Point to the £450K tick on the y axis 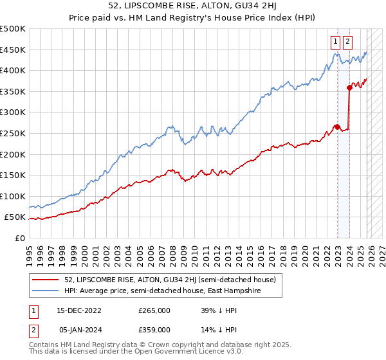click(x=13, y=50)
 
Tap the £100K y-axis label click(x=13, y=196)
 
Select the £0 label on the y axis click(x=21, y=238)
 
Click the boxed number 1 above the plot click(x=336, y=42)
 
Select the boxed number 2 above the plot click(x=347, y=42)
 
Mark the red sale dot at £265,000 click(x=337, y=127)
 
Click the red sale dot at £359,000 click(x=349, y=87)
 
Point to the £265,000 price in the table click(x=154, y=310)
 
